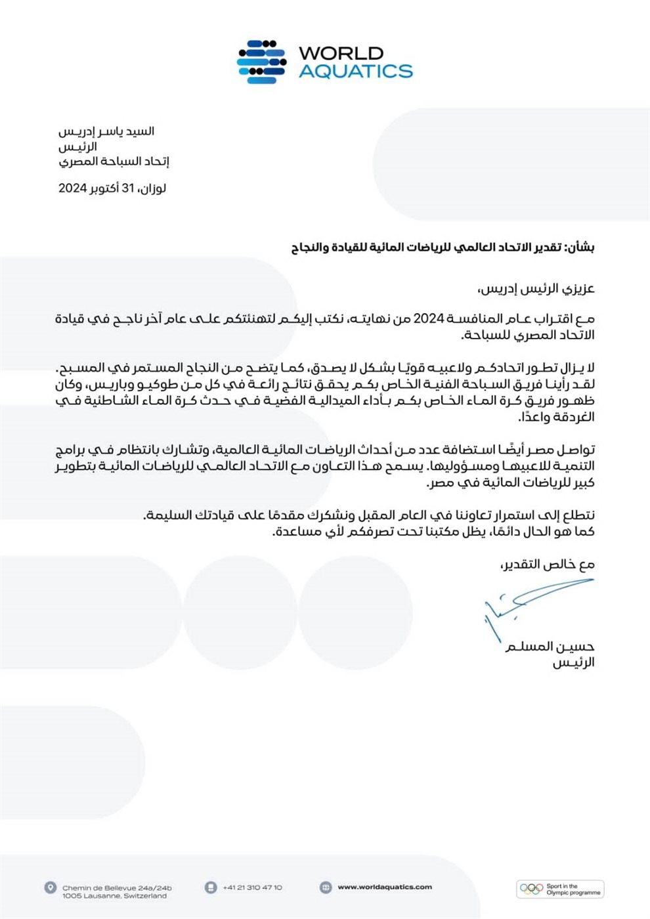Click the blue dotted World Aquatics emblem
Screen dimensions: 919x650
tap(261, 62)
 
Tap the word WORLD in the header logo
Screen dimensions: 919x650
tap(341, 53)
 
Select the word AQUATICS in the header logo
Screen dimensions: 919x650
tap(355, 71)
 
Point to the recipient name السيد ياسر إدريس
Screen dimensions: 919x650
tap(106, 131)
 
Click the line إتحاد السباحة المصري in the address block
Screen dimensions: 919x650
tap(114, 161)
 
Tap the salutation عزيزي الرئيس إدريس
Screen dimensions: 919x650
tap(536, 288)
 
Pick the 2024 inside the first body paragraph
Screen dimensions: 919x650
tap(429, 319)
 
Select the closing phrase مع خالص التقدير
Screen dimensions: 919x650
tap(548, 564)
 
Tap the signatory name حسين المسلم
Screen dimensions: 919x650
tap(550, 647)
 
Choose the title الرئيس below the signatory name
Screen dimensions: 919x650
tap(573, 663)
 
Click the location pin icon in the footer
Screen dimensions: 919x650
tap(50, 887)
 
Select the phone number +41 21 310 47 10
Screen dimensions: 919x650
tap(252, 887)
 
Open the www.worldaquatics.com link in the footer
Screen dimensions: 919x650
tap(385, 887)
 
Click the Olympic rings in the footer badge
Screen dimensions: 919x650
tap(532, 889)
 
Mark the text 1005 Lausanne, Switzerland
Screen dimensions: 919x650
tap(114, 896)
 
